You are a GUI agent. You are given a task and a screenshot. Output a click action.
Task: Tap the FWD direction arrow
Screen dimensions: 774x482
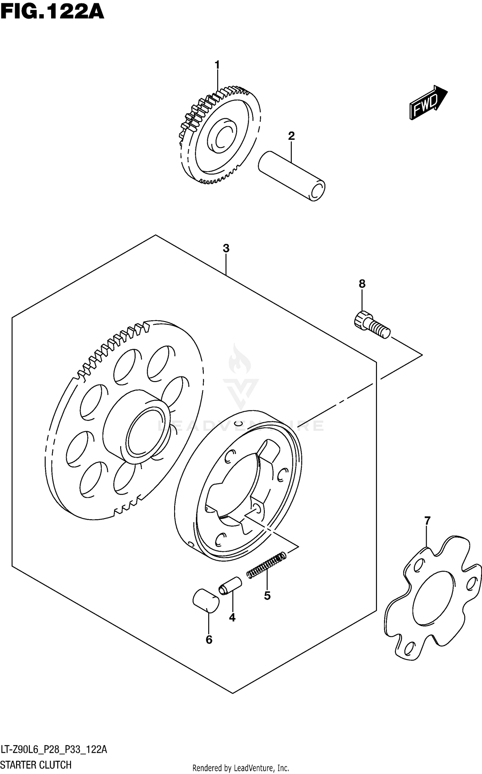[x=428, y=102]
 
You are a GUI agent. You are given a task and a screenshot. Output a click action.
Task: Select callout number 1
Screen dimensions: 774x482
[x=217, y=65]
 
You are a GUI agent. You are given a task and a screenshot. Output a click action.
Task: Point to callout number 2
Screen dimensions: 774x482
[x=291, y=136]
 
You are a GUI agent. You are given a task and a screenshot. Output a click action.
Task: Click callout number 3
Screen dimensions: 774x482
[x=226, y=248]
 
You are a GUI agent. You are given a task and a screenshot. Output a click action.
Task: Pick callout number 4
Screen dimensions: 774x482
[x=232, y=617]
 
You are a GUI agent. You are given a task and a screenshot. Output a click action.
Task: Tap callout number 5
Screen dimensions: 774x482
[x=267, y=595]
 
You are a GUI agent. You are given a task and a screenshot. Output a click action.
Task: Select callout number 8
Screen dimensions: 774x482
[x=362, y=284]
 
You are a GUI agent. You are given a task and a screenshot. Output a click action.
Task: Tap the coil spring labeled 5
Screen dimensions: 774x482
[x=266, y=565]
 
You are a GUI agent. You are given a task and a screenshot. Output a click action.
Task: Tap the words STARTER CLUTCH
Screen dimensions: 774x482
[x=36, y=765]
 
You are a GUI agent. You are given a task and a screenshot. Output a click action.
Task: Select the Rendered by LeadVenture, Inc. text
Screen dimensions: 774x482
[x=241, y=768]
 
